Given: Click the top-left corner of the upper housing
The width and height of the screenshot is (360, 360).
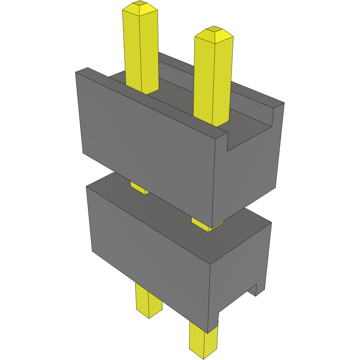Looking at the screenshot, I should (77, 72).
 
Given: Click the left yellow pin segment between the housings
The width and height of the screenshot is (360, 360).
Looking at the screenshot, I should (139, 188).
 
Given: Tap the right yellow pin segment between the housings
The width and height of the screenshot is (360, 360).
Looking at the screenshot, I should (204, 224).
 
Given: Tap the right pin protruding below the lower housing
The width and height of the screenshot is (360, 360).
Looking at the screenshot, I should (203, 338).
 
